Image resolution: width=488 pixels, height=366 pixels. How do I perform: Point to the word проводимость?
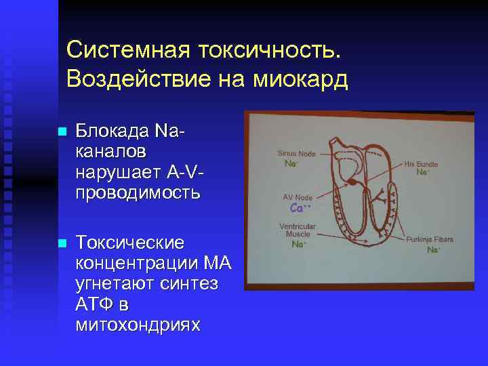[x=138, y=192]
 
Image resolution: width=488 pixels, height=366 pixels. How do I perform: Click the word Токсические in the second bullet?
[x=129, y=242]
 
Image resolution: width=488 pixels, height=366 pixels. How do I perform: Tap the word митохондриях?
[x=138, y=325]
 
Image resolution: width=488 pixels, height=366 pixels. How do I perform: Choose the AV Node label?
[x=298, y=197]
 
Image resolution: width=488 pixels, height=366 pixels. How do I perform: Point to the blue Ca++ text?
[x=300, y=207]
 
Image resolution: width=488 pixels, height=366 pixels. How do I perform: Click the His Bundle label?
[x=421, y=164]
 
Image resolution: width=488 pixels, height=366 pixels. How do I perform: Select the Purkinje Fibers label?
[x=430, y=239]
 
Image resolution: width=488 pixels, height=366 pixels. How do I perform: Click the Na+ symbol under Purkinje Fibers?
[x=432, y=250]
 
